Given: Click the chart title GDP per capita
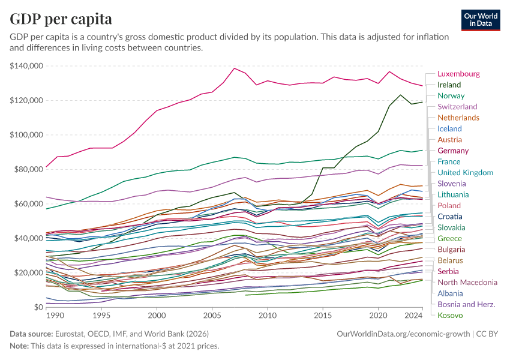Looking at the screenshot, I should click(x=61, y=19).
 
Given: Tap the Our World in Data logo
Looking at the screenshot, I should click(x=481, y=19).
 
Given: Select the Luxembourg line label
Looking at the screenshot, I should click(x=458, y=74).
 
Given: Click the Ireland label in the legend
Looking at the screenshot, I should click(x=449, y=85).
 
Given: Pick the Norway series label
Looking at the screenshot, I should click(x=451, y=96).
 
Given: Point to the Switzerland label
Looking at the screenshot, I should click(x=457, y=107).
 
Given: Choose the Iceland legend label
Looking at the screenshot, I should click(x=449, y=128).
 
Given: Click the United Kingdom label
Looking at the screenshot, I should click(x=466, y=173).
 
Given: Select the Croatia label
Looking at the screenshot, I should click(x=450, y=217).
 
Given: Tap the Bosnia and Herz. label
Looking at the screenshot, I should click(x=466, y=304).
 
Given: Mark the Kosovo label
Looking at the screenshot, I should click(x=449, y=315).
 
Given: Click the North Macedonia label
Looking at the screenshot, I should click(x=467, y=282).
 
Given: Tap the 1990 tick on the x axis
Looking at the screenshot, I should click(x=55, y=315).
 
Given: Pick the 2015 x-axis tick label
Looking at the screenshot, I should click(x=323, y=315).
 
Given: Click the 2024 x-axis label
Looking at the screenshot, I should click(x=414, y=315).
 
